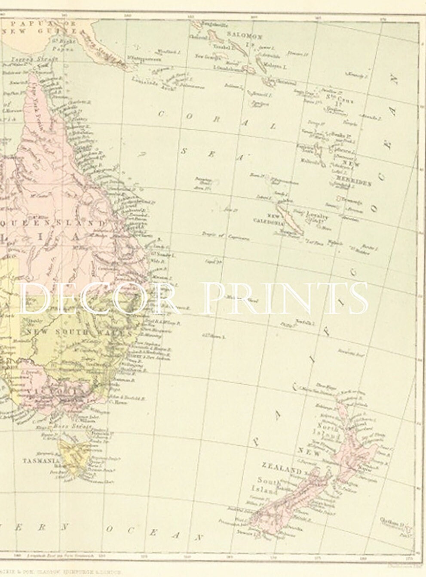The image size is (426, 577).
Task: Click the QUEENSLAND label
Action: (56, 223)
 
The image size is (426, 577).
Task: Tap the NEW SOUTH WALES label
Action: (79, 332)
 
